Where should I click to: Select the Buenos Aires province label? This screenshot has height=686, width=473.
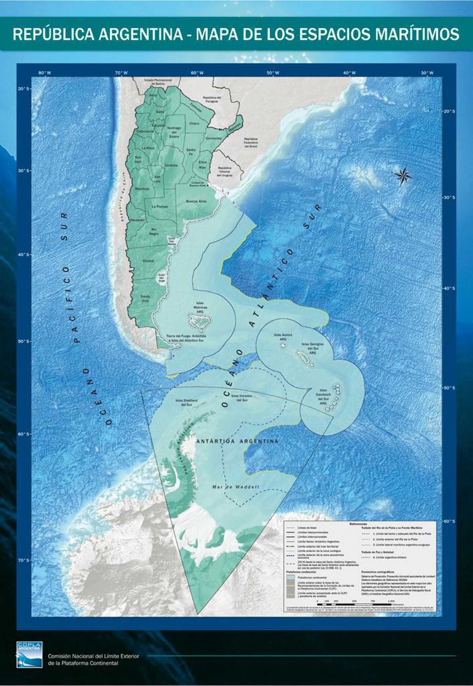196,201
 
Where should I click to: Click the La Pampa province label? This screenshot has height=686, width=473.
160,207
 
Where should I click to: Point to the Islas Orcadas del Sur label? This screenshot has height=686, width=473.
241,398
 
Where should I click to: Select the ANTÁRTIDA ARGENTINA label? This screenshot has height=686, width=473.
237,441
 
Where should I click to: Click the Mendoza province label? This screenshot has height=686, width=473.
142,189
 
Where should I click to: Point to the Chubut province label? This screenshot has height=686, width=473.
148,261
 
